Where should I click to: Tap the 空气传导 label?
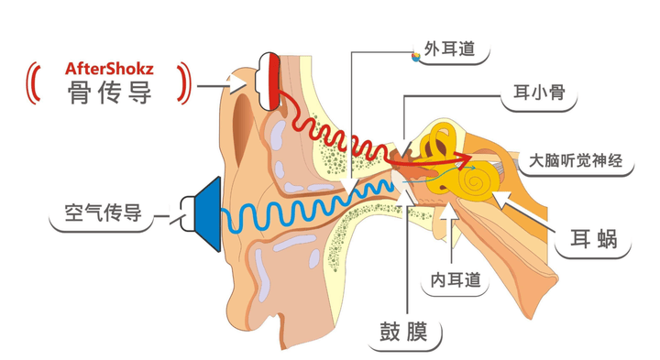click(103, 214)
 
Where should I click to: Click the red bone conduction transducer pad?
click(274, 80)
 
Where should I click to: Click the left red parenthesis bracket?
click(39, 81)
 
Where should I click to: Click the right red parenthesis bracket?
click(184, 81)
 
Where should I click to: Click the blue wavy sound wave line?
click(302, 207)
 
